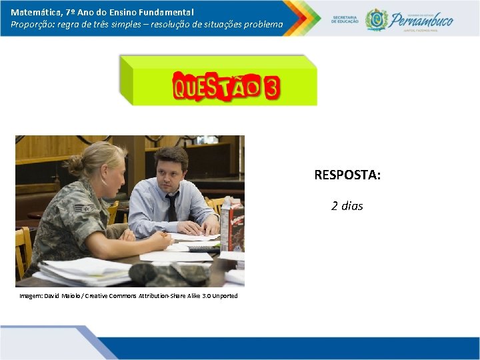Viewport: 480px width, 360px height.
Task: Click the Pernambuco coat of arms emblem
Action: click(x=377, y=19)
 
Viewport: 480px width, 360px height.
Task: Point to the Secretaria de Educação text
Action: click(x=345, y=19)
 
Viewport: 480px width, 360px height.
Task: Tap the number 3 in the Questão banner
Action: click(x=271, y=88)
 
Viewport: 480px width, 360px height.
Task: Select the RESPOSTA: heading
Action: click(x=347, y=175)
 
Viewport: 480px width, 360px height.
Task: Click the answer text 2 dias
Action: click(x=347, y=206)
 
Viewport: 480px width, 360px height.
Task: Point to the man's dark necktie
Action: click(x=172, y=207)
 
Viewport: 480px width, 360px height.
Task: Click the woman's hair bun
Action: click(x=74, y=163)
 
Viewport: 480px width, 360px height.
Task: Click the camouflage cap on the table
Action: click(x=160, y=273)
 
